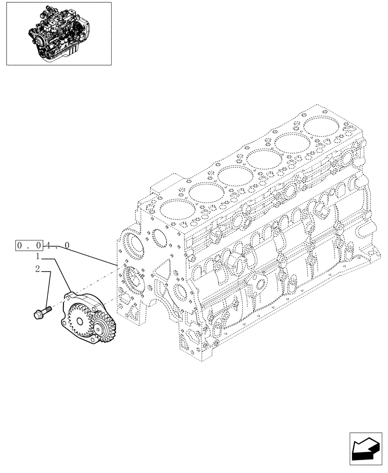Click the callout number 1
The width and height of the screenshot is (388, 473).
point(37,257)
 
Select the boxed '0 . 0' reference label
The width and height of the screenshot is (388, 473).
point(29,245)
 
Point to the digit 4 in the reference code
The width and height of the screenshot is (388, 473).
point(51,245)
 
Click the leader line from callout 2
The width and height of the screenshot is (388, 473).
point(49,289)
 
